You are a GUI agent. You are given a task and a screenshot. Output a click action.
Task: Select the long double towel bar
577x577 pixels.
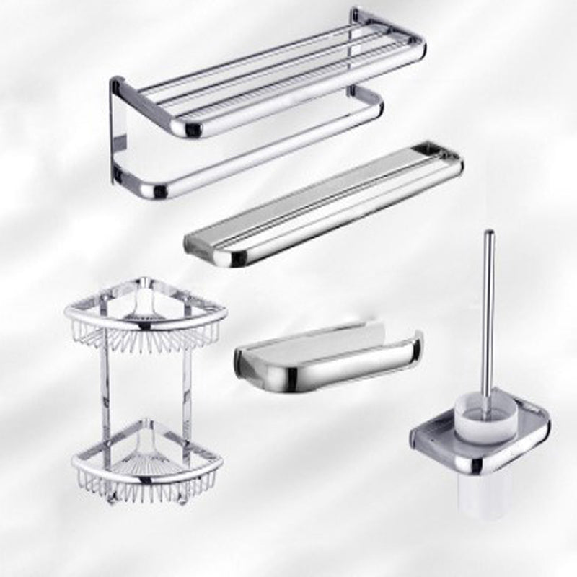click(325, 202)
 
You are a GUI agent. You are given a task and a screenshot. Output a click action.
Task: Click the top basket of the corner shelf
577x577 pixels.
click(144, 317)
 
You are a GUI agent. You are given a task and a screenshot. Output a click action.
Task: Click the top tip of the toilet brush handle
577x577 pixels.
click(489, 234)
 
